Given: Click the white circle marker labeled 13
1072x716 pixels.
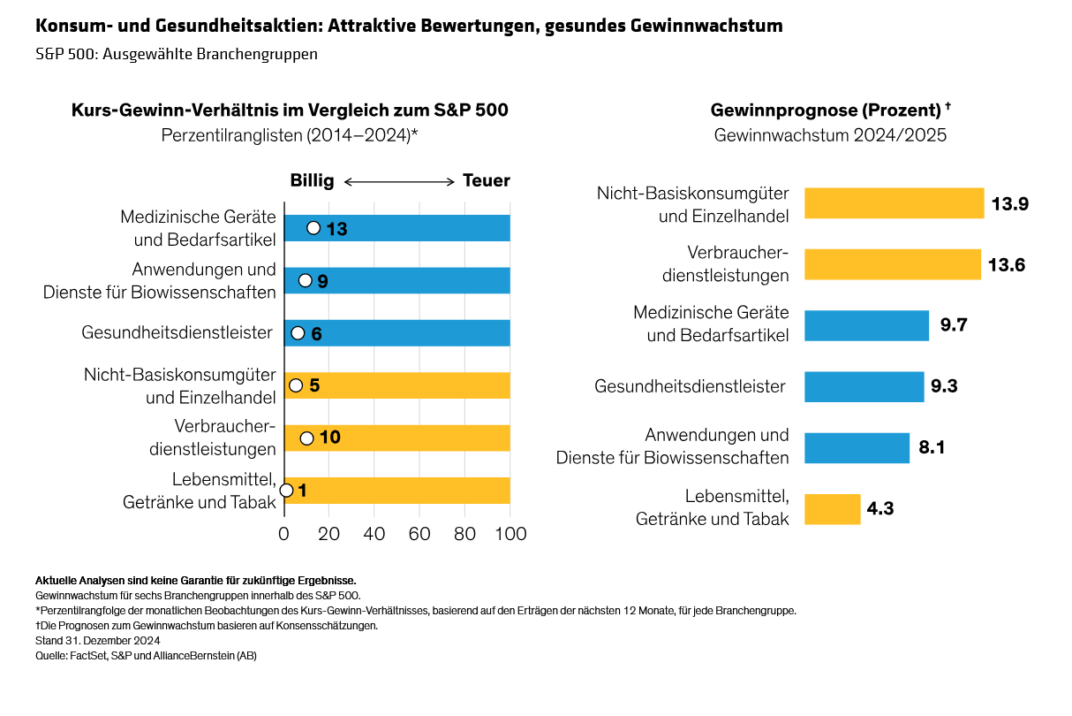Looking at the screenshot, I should click(x=313, y=228).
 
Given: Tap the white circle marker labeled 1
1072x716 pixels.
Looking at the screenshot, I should click(x=286, y=491).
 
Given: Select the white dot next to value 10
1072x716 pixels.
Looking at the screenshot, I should click(x=306, y=438).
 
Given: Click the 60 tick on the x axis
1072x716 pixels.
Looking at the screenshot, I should click(x=419, y=534).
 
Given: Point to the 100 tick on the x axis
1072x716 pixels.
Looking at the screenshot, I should click(x=510, y=534).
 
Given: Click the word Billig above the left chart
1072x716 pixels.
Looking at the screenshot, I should click(x=312, y=181).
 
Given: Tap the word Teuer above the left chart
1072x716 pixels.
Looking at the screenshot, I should click(x=487, y=181).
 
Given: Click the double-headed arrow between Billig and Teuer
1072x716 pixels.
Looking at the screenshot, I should click(x=398, y=182).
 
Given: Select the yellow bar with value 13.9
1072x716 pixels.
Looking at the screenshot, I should click(x=894, y=203).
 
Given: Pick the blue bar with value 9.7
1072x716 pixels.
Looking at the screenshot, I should click(x=866, y=325).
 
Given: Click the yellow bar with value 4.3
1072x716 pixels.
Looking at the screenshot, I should click(x=832, y=509).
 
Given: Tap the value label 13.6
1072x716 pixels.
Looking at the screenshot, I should click(x=1007, y=264).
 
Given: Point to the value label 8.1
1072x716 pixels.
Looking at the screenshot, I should click(x=932, y=448).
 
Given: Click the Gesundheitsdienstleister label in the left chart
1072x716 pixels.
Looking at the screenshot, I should click(x=177, y=333).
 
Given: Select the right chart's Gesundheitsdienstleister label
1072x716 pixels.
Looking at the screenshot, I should click(x=690, y=386).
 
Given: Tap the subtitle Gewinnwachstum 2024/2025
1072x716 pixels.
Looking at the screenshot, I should click(x=829, y=135).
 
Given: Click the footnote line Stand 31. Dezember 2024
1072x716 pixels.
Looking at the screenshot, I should click(x=97, y=641).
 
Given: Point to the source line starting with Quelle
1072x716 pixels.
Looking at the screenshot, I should click(x=146, y=656).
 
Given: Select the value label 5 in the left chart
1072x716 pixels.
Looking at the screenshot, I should click(x=314, y=385).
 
